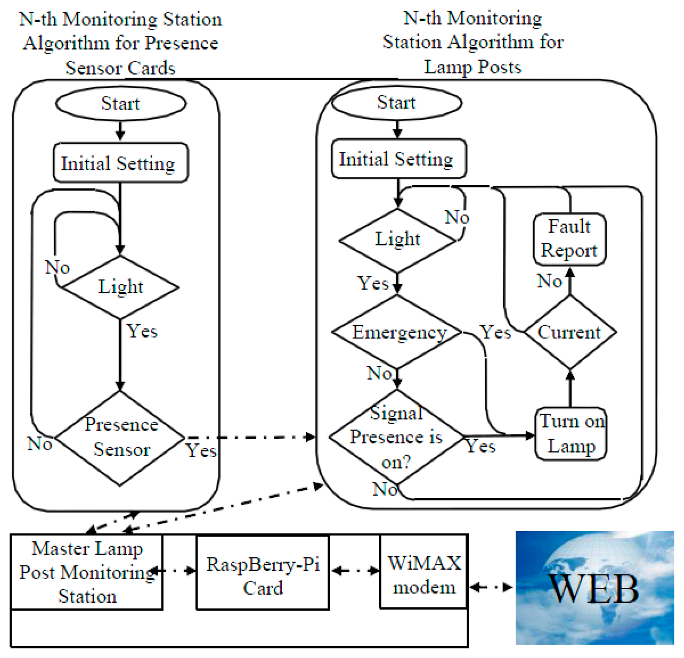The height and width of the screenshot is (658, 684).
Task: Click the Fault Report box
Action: (569, 239)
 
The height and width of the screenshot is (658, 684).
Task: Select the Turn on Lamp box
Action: (571, 434)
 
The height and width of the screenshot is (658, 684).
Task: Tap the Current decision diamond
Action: (570, 332)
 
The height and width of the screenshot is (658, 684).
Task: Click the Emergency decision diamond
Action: (397, 332)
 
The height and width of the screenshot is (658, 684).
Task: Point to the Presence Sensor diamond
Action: (120, 438)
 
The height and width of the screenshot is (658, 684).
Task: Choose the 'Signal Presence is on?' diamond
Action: (396, 437)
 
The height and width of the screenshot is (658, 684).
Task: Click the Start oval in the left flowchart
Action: (121, 104)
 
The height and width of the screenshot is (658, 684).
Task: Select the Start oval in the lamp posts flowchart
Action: (396, 103)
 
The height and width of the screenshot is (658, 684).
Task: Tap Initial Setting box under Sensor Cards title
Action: (120, 163)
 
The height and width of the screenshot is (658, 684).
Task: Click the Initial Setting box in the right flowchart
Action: (398, 159)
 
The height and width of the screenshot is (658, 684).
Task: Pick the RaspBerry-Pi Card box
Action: (263, 576)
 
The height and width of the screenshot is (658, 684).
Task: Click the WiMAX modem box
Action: (424, 575)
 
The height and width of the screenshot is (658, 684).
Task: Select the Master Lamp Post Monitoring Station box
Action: (87, 572)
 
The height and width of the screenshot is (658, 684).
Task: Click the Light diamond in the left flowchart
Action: (120, 287)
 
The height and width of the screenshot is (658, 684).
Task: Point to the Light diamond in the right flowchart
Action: (398, 240)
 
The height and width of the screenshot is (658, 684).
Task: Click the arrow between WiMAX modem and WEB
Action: (491, 587)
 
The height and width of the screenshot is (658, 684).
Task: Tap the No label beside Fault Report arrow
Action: (549, 281)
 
